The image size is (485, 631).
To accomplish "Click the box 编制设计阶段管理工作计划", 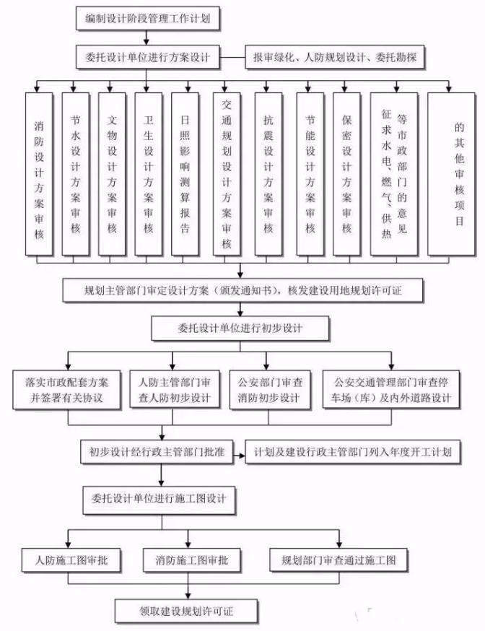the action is tap(147, 18).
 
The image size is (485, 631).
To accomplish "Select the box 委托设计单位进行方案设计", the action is tap(147, 57).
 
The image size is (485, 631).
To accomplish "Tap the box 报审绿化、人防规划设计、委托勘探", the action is tap(335, 57).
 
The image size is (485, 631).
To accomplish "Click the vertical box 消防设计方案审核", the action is tap(39, 174).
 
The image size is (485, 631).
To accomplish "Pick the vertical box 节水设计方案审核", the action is tap(76, 174).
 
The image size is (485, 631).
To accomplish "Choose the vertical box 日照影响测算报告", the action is tap(185, 174).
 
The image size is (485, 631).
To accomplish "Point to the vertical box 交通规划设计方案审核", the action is tap(227, 174).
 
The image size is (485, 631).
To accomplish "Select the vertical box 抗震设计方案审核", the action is tap(268, 174).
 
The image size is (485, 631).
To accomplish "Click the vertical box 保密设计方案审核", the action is tap(346, 174).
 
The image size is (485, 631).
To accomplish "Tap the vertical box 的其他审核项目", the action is tap(451, 174).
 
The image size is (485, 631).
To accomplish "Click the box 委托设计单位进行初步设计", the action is tap(240, 328).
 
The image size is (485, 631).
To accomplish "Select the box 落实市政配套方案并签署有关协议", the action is tap(66, 390).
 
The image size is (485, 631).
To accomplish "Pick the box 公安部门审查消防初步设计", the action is tap(270, 390).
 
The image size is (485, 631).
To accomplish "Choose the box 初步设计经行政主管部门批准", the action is tap(157, 452).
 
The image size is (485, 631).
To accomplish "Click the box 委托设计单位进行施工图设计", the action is tap(159, 500).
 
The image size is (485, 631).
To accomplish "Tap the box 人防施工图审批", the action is tap(71, 560).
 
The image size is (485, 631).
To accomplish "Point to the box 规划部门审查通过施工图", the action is tap(338, 560).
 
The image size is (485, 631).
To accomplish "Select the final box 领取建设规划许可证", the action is tap(186, 611).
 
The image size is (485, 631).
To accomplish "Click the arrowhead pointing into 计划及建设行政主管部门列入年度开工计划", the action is tap(242, 456).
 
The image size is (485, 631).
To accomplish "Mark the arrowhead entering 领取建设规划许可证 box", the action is tap(188, 596).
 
